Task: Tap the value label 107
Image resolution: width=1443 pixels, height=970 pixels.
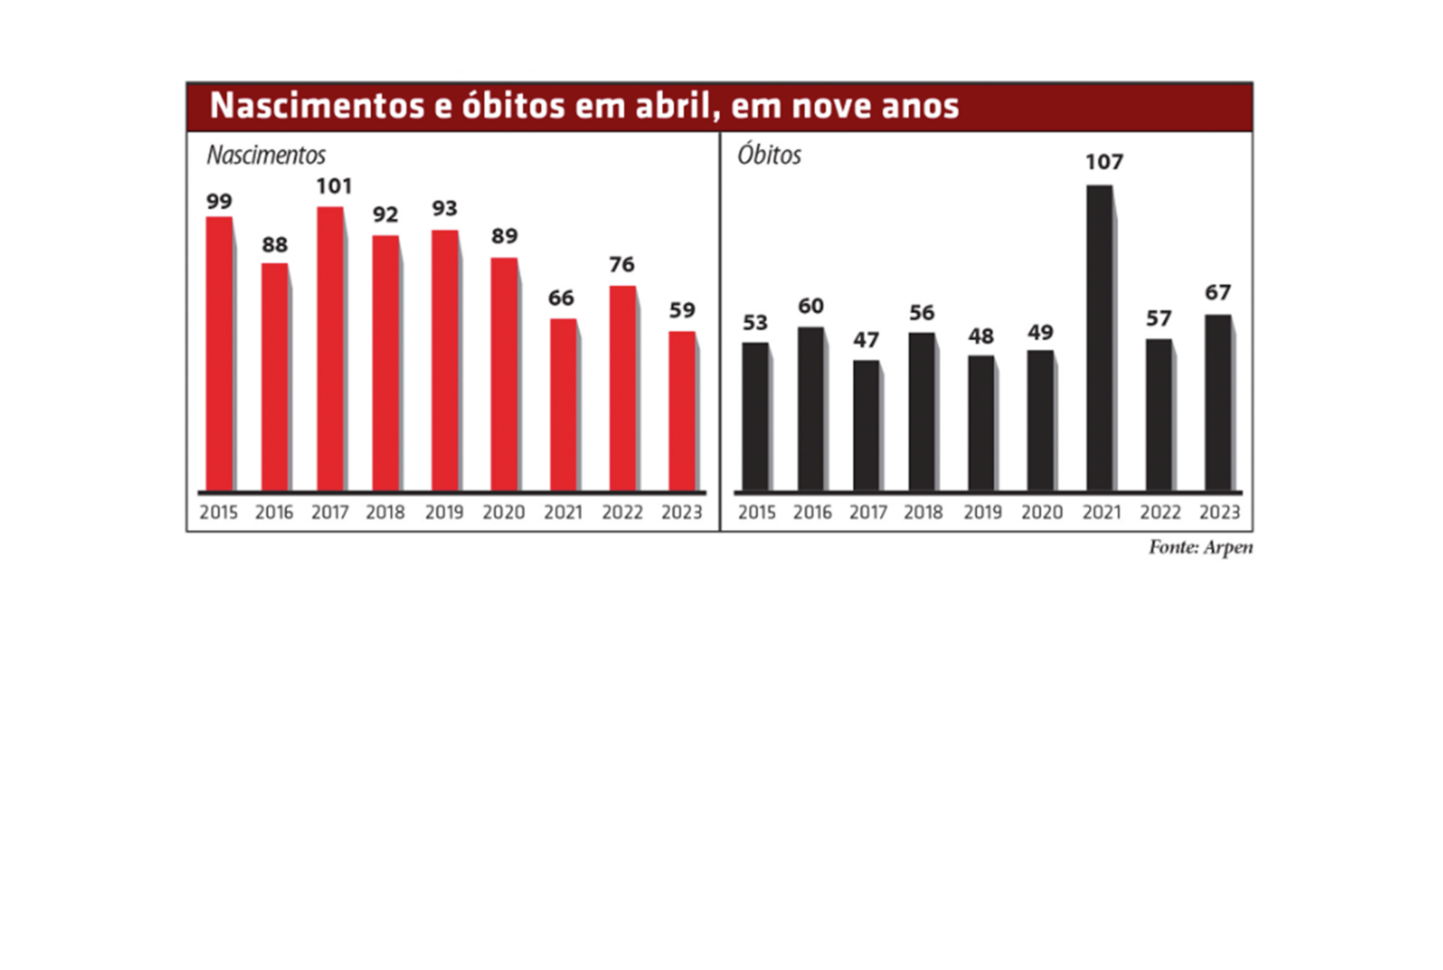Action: tap(1104, 162)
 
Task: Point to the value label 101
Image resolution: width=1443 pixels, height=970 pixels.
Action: tap(334, 187)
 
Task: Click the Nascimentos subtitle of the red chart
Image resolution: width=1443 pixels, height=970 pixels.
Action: tap(266, 155)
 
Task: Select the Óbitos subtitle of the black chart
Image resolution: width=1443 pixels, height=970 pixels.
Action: tap(769, 155)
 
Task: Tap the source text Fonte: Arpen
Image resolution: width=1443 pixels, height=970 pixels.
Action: tap(1199, 547)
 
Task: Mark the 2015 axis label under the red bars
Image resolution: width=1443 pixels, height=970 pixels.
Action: tap(218, 512)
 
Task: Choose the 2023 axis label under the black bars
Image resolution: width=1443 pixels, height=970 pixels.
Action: tap(1219, 512)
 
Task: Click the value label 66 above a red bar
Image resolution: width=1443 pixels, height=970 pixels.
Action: tap(561, 298)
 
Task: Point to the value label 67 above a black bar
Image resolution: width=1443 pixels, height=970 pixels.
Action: tap(1218, 293)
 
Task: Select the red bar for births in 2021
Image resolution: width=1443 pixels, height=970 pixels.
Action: tap(563, 405)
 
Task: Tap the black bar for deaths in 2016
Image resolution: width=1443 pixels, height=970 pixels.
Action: tap(810, 409)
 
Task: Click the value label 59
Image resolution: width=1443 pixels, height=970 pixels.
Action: tap(682, 311)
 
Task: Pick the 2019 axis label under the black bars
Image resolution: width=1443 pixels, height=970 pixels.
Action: tap(982, 512)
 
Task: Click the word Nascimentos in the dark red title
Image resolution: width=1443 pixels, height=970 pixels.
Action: tap(317, 105)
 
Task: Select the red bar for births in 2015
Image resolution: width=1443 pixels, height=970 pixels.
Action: tap(219, 353)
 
